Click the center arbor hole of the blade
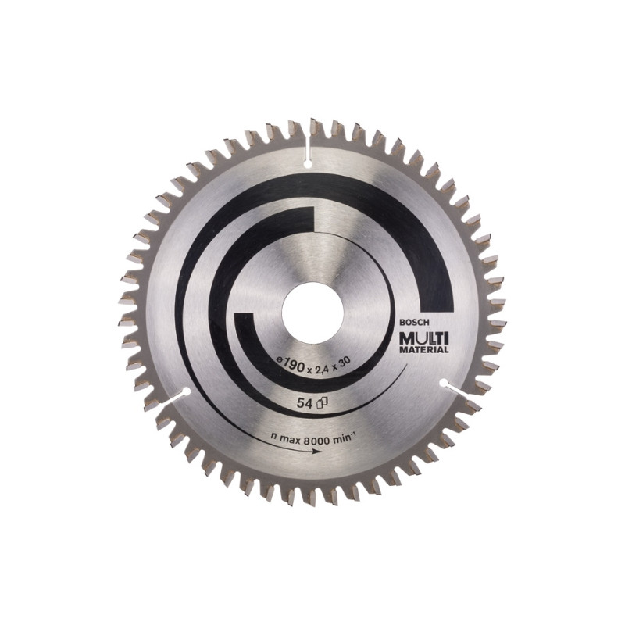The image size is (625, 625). (312, 312)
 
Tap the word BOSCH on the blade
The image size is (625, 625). (416, 323)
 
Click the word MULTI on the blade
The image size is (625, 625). (424, 339)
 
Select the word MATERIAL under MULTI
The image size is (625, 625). (424, 350)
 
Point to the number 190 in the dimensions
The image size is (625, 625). (295, 362)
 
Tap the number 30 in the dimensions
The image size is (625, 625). (345, 361)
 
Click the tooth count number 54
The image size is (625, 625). (304, 403)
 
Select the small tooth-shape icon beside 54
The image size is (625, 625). (321, 403)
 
